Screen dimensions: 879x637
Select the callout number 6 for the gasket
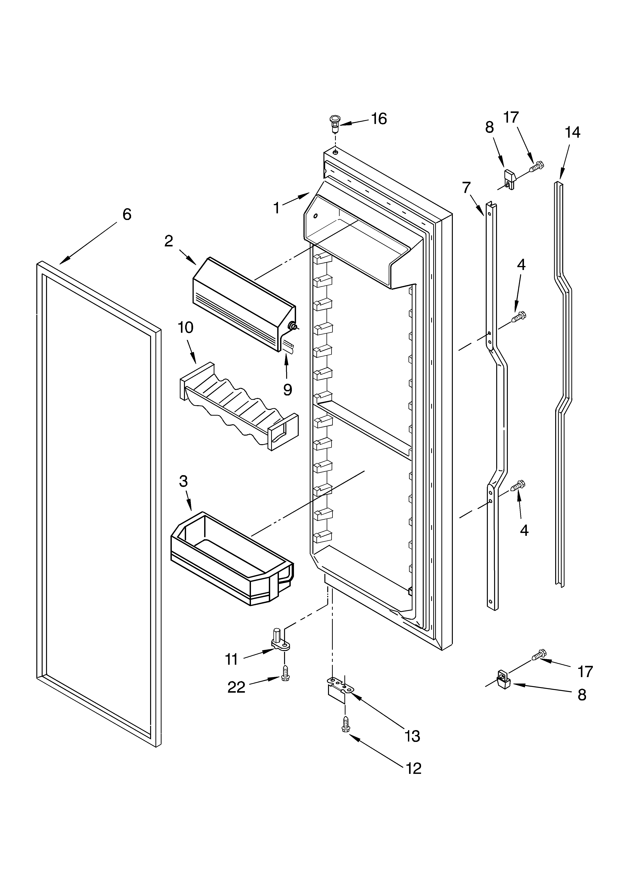127,214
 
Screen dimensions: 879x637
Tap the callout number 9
287,390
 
